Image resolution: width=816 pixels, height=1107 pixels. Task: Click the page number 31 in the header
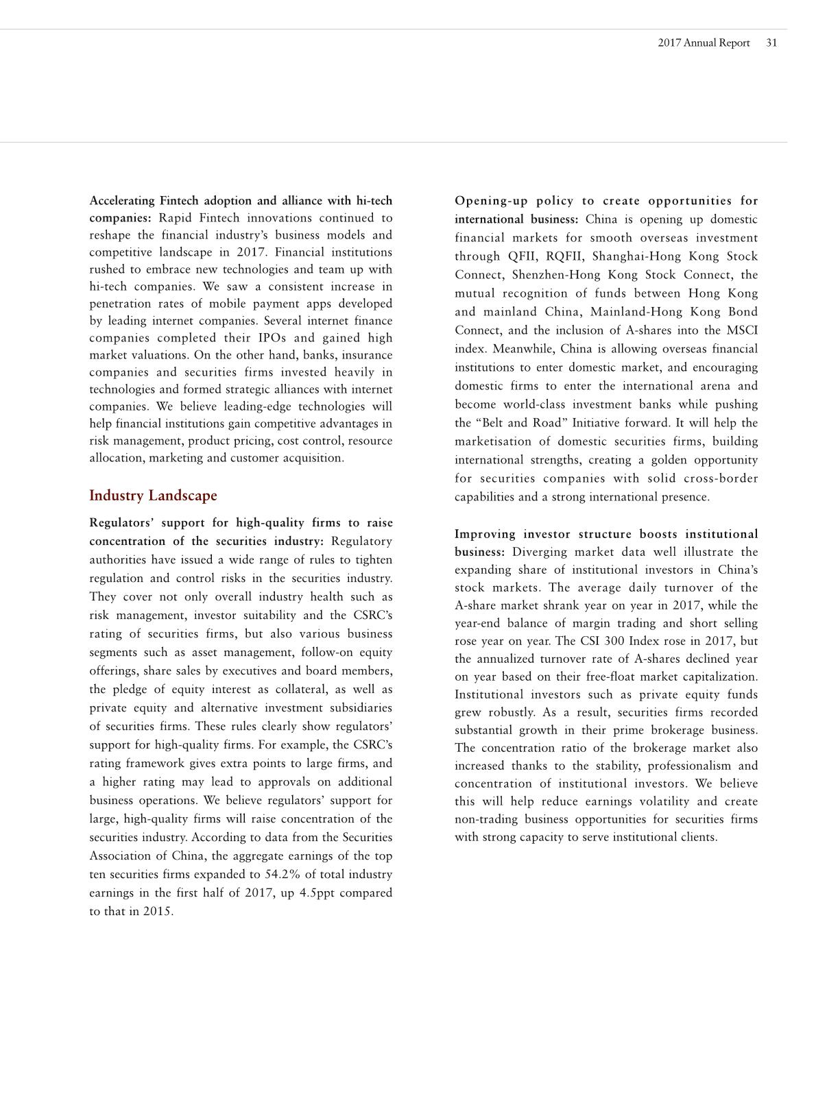[x=771, y=42]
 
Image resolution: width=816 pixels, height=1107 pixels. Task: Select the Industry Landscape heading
[x=153, y=496]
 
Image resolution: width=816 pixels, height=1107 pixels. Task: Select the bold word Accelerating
[x=122, y=201]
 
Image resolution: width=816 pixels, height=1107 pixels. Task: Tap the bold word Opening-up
[x=490, y=201]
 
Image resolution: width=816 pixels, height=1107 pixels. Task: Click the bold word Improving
[x=485, y=534]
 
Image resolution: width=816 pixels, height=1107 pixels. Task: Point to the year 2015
[x=158, y=912]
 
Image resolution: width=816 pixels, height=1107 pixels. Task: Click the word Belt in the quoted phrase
[x=492, y=423]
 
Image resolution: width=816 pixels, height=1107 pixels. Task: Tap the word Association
[x=119, y=856]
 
